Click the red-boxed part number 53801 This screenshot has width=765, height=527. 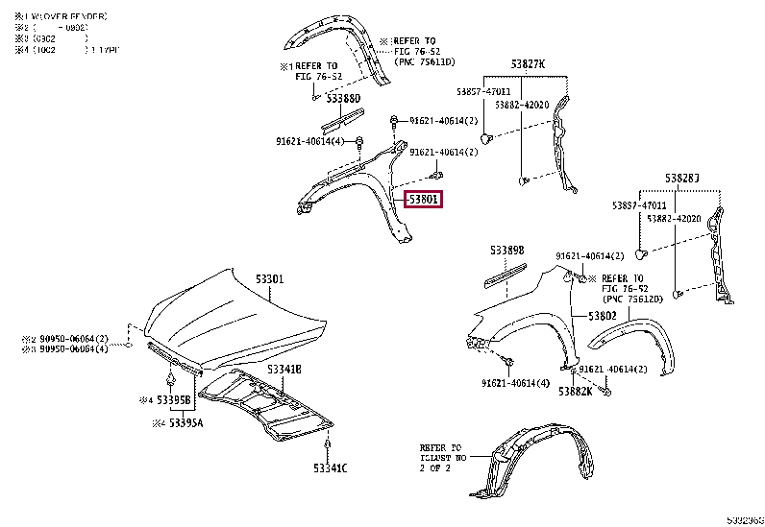[423, 201]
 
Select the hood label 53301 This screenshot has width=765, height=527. [269, 279]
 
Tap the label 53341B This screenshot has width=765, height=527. [284, 369]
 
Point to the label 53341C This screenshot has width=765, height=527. [330, 468]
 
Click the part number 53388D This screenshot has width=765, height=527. [342, 98]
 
